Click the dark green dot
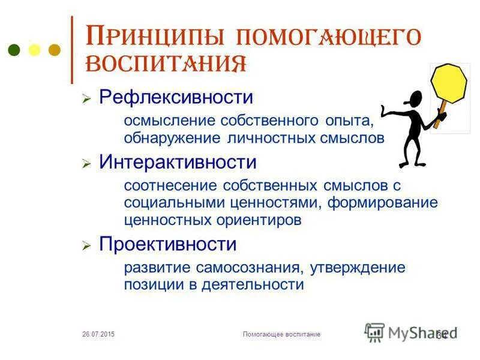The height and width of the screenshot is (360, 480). click(x=15, y=50)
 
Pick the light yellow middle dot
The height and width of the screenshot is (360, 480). click(x=35, y=50)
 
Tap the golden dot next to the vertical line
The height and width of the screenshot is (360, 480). click(x=55, y=50)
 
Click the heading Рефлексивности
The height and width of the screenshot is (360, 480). click(x=176, y=97)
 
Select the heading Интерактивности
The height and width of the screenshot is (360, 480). click(x=178, y=162)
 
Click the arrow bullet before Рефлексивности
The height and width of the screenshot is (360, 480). click(x=86, y=98)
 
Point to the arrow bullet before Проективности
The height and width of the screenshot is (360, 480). click(x=86, y=245)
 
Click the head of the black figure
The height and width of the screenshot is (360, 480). click(x=415, y=99)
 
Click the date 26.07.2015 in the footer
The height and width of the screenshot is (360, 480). click(x=98, y=334)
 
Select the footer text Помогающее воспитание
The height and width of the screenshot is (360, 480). click(x=281, y=334)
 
